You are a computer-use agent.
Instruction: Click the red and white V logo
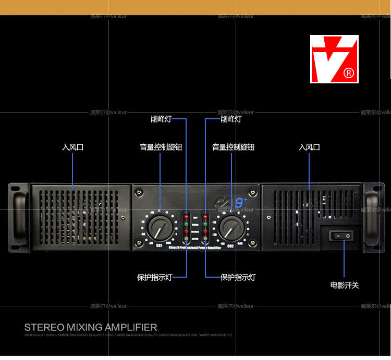click(x=334, y=58)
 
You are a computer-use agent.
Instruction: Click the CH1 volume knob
click(x=155, y=228)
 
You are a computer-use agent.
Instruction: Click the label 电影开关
click(x=345, y=285)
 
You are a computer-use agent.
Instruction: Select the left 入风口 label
click(x=72, y=147)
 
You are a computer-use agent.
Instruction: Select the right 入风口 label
click(x=309, y=147)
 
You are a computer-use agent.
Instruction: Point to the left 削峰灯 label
click(x=161, y=119)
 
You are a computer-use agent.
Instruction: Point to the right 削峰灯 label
click(x=231, y=119)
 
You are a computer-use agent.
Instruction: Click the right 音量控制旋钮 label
click(x=233, y=147)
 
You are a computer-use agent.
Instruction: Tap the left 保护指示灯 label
click(x=154, y=277)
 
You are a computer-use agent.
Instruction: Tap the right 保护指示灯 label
click(x=238, y=277)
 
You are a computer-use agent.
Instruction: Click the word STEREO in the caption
click(x=43, y=327)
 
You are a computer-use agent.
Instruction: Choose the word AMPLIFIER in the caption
click(x=131, y=327)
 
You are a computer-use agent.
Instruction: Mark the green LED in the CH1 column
click(x=186, y=222)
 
